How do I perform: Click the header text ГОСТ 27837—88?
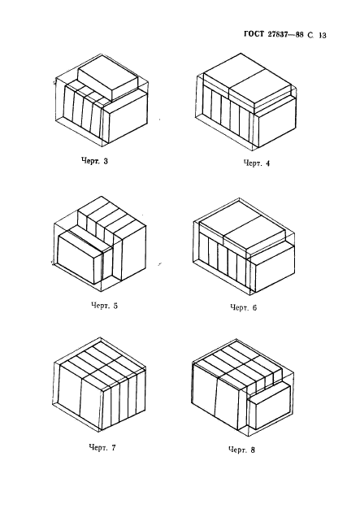[274, 34]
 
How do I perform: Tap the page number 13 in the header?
[322, 35]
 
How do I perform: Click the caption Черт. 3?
[94, 161]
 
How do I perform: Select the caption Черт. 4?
[257, 163]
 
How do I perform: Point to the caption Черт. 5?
[104, 306]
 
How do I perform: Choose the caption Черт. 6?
[244, 307]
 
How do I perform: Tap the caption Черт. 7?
[102, 447]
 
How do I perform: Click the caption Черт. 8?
[241, 450]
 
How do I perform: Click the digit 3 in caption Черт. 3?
[106, 161]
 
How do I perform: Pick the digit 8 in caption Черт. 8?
[253, 450]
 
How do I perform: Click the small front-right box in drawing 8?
[269, 406]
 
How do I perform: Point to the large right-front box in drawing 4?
[275, 123]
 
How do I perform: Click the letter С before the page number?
[310, 35]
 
